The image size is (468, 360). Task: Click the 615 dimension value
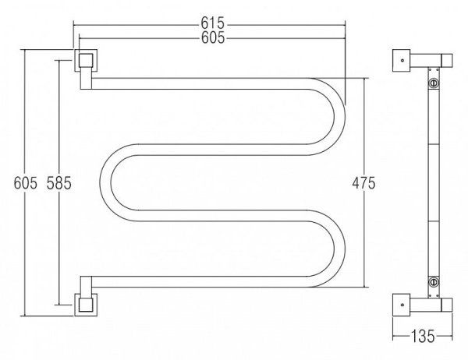(x=212, y=23)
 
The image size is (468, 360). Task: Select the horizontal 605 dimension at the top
(x=213, y=37)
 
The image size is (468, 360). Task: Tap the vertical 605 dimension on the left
(x=26, y=182)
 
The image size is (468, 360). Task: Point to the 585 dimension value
(x=59, y=183)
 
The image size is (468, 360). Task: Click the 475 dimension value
(x=363, y=183)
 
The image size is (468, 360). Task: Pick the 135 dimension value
(x=423, y=336)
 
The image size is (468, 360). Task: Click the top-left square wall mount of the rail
(x=86, y=61)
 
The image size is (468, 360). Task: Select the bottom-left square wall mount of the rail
(x=86, y=305)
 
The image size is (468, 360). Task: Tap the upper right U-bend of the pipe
(x=328, y=117)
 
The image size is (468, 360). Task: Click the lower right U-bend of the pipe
(x=328, y=249)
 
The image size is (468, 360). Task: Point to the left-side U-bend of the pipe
(x=119, y=182)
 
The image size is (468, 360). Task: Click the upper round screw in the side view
(x=434, y=83)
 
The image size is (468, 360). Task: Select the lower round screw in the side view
(x=434, y=281)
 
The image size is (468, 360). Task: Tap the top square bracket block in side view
(x=402, y=61)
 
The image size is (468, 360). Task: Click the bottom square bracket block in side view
(x=402, y=305)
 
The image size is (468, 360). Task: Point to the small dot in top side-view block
(x=402, y=61)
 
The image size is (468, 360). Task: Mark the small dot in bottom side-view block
(x=402, y=305)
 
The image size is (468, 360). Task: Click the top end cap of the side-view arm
(x=447, y=60)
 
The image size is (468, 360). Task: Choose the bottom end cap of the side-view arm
(x=447, y=305)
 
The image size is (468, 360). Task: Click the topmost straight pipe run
(x=200, y=83)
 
